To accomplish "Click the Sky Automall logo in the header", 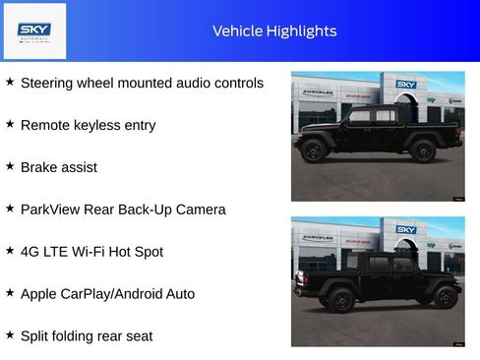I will coord(35,30).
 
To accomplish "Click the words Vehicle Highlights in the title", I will coord(274,31).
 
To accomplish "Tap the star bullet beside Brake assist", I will coord(10,166).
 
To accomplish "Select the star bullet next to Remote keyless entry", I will coord(10,124).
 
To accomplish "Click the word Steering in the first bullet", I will coord(46,84).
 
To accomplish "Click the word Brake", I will coord(38,167).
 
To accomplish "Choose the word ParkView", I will coord(50,210).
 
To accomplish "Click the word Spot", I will coord(149,252).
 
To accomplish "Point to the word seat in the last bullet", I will coord(138,336).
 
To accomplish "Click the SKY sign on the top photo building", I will coord(406,85).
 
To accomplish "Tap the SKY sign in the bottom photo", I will coord(406,230).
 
